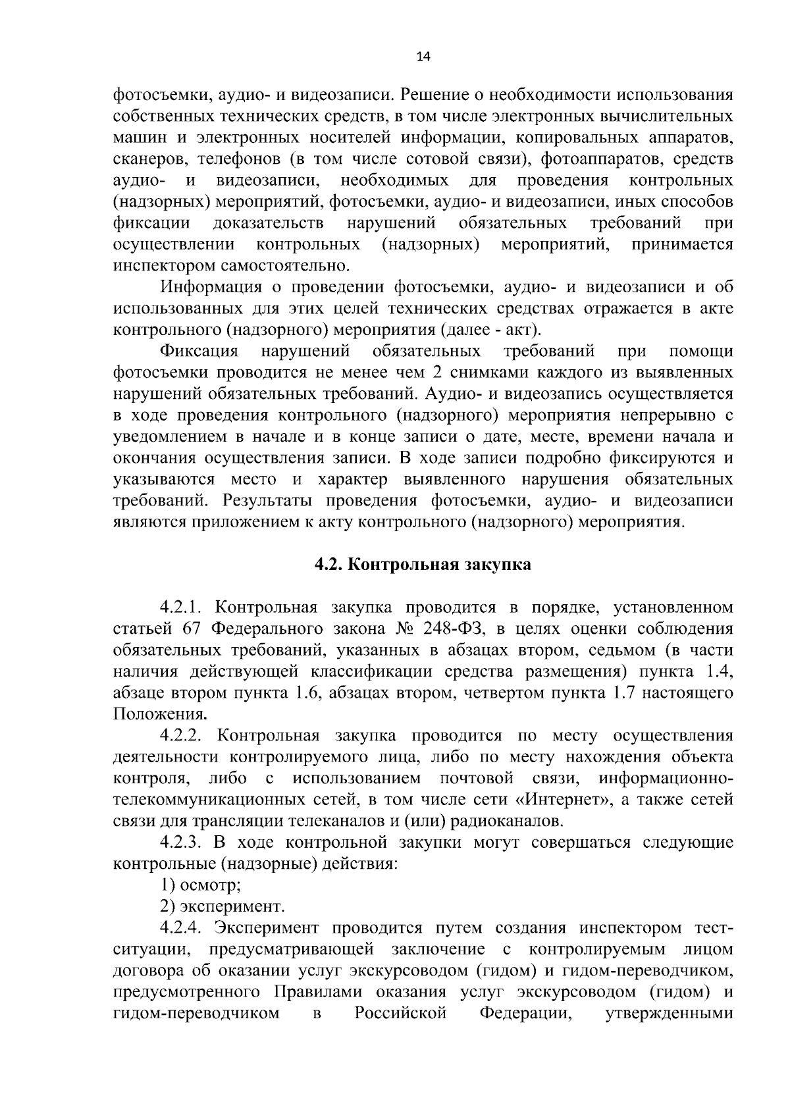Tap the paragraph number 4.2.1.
click(x=184, y=607)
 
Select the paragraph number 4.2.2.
click(x=184, y=735)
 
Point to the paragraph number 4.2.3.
click(x=184, y=842)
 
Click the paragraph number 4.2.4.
click(x=184, y=927)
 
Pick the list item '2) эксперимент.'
click(x=223, y=906)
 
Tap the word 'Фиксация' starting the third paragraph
click(x=200, y=351)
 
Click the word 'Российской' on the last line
click(x=401, y=1013)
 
